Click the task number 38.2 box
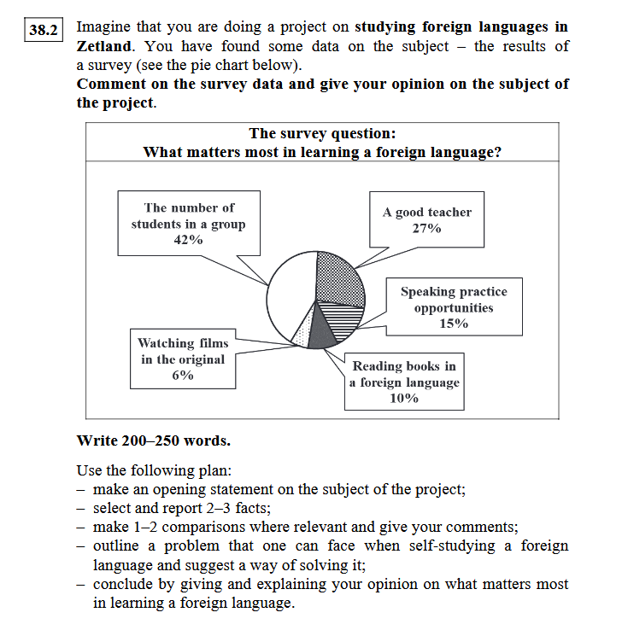pyautogui.click(x=42, y=32)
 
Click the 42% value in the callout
pyautogui.click(x=188, y=240)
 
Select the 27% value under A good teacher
pyautogui.click(x=426, y=228)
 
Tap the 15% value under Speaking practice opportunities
pyautogui.click(x=453, y=324)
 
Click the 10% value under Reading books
pyautogui.click(x=403, y=398)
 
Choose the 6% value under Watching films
pyautogui.click(x=183, y=375)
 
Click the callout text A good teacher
pyautogui.click(x=426, y=212)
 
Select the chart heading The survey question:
pyautogui.click(x=322, y=133)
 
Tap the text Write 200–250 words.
pyautogui.click(x=153, y=441)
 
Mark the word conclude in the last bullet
pyautogui.click(x=120, y=584)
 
